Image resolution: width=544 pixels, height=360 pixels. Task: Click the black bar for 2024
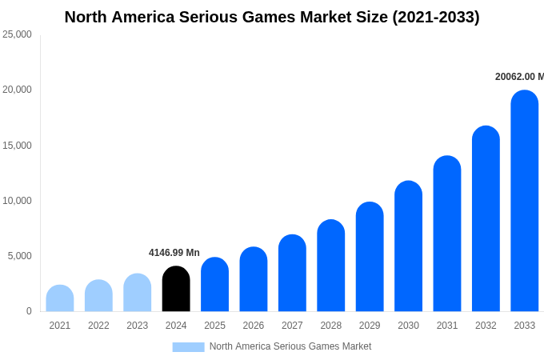tap(176, 290)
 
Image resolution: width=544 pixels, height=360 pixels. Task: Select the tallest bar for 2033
tap(524, 202)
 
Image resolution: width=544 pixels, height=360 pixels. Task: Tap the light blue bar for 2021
tap(60, 298)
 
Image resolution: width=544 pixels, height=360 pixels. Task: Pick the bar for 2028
tap(330, 266)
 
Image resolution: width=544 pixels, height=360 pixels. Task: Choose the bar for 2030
tap(408, 247)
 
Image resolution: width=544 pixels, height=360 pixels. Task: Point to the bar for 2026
tap(254, 280)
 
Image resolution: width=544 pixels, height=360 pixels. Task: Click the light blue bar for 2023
tap(138, 293)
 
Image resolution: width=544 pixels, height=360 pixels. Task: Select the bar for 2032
tap(486, 219)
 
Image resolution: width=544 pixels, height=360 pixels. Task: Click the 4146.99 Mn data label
tap(174, 253)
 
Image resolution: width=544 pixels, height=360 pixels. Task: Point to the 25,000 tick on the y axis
tap(18, 34)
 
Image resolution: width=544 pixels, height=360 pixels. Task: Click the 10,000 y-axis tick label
tap(18, 201)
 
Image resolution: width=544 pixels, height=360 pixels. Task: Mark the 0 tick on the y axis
tap(29, 311)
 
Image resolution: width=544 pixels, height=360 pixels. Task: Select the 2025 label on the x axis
tap(214, 326)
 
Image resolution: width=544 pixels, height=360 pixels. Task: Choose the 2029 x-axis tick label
tap(370, 326)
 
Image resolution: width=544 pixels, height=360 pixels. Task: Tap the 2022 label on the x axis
tap(98, 326)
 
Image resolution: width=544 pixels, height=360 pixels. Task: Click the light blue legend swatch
tap(188, 347)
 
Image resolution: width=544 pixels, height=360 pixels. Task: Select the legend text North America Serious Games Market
tap(290, 346)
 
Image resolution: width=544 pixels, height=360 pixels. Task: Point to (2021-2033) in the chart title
tap(436, 17)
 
